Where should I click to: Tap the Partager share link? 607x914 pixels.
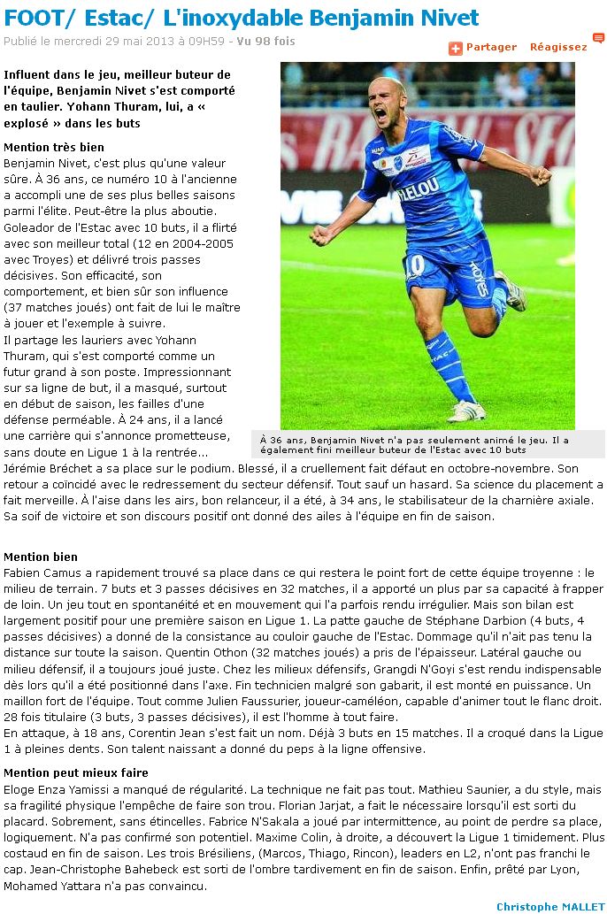(x=491, y=47)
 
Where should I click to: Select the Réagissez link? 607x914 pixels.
(x=558, y=47)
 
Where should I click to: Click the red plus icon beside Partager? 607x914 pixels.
(x=456, y=48)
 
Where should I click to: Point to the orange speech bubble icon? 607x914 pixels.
(x=598, y=38)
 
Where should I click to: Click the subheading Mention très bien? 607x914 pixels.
(x=54, y=147)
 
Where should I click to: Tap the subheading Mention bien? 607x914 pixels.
(x=41, y=557)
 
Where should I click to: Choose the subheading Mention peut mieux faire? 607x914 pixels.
(x=76, y=772)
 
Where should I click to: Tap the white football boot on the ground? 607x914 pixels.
(x=467, y=410)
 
